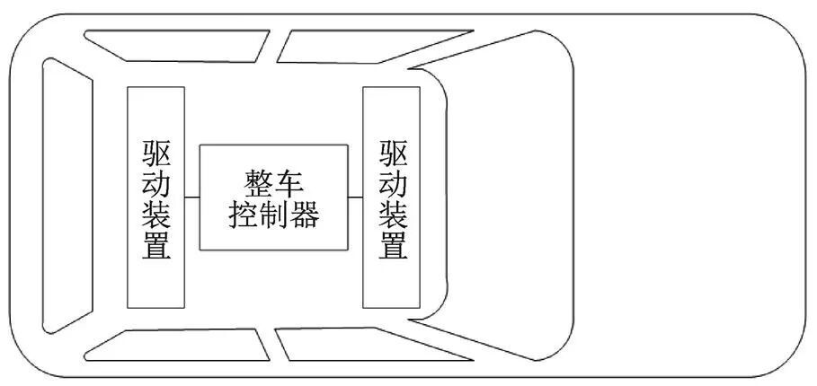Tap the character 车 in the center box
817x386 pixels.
click(289, 183)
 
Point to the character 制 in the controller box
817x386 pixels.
click(274, 215)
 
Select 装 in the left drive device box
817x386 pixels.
click(155, 215)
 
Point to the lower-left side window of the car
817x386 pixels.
click(171, 344)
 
